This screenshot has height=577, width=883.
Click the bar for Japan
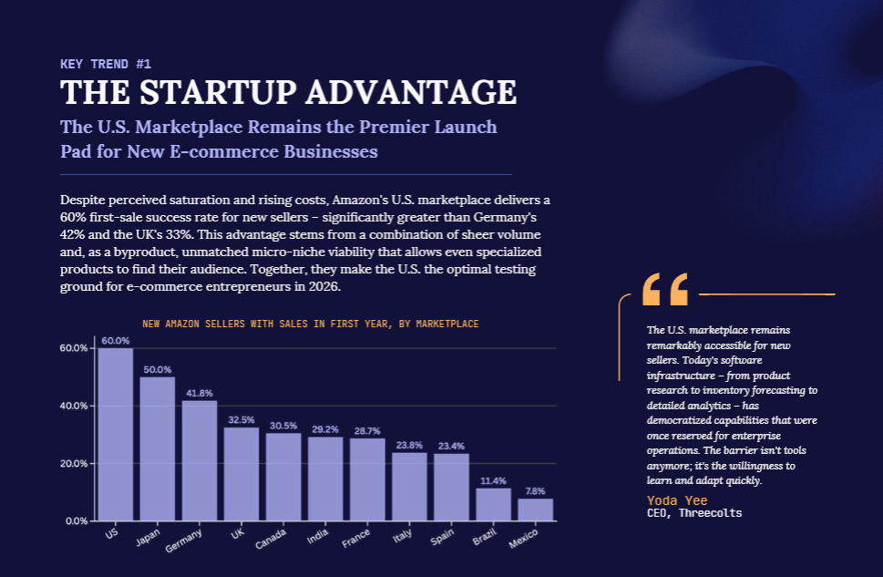pyautogui.click(x=158, y=448)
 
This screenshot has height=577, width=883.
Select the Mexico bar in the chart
pyautogui.click(x=536, y=510)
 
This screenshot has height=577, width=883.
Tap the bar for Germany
pyautogui.click(x=200, y=460)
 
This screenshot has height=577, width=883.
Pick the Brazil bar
pyautogui.click(x=494, y=504)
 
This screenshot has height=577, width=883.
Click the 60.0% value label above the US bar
pyautogui.click(x=116, y=341)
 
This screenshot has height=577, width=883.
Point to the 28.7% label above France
pyautogui.click(x=367, y=431)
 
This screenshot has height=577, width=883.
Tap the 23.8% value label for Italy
pyautogui.click(x=409, y=445)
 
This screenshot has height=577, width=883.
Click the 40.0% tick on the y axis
pyautogui.click(x=74, y=406)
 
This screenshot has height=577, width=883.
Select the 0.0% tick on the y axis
pyautogui.click(x=76, y=521)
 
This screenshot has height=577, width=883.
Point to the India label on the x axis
pyautogui.click(x=318, y=536)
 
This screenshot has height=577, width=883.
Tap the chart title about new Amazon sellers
pyautogui.click(x=311, y=324)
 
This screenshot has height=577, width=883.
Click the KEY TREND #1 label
pyautogui.click(x=106, y=64)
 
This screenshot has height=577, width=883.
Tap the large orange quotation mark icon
pyautogui.click(x=665, y=289)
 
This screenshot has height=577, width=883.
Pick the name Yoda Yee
pyautogui.click(x=677, y=500)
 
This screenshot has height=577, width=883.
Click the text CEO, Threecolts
pyautogui.click(x=694, y=513)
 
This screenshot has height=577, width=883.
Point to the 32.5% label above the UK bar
pyautogui.click(x=241, y=420)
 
